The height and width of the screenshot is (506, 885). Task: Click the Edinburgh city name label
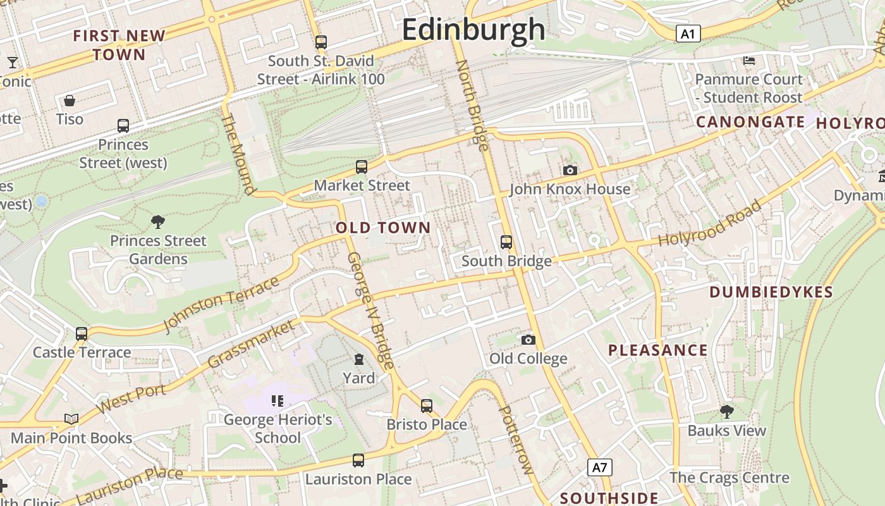pyautogui.click(x=473, y=30)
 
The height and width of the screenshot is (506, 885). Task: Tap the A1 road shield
pyautogui.click(x=688, y=34)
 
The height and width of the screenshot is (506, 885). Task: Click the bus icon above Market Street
pyautogui.click(x=362, y=167)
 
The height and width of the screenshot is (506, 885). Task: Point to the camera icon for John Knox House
pyautogui.click(x=570, y=170)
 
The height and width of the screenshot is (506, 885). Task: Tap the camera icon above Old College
pyautogui.click(x=528, y=340)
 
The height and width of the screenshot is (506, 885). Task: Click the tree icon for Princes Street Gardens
pyautogui.click(x=158, y=221)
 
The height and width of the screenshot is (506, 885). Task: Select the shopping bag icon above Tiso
pyautogui.click(x=70, y=101)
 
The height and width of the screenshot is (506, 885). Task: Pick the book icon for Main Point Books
pyautogui.click(x=71, y=419)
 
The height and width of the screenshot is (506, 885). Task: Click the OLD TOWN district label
pyautogui.click(x=383, y=228)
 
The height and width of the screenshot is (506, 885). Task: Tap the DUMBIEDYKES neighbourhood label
pyautogui.click(x=771, y=292)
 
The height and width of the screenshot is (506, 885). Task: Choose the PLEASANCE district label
pyautogui.click(x=657, y=350)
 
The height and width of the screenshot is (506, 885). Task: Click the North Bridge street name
pyautogui.click(x=472, y=105)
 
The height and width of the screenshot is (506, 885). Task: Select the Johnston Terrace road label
pyautogui.click(x=221, y=304)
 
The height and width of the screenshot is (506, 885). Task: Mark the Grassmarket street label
pyautogui.click(x=251, y=344)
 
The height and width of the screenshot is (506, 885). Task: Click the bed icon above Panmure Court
pyautogui.click(x=749, y=61)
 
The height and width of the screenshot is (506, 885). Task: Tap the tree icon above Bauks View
pyautogui.click(x=727, y=412)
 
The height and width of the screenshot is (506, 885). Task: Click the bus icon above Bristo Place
pyautogui.click(x=427, y=405)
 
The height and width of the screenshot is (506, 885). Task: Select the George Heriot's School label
pyautogui.click(x=278, y=428)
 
